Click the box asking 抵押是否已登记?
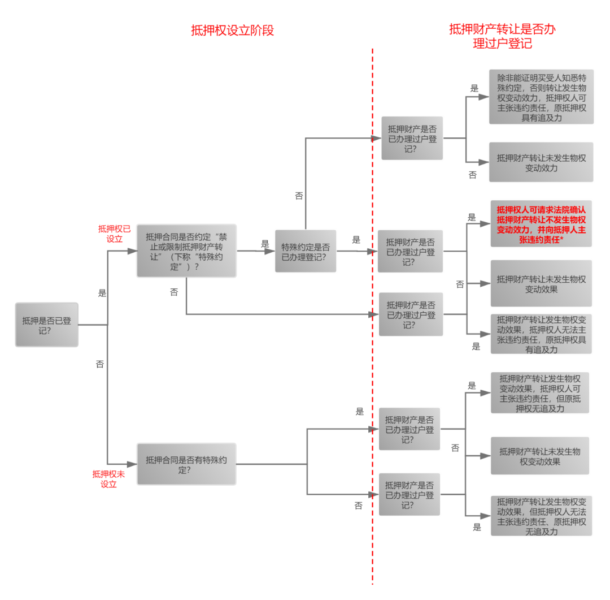click(47, 325)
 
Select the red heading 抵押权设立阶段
click(232, 31)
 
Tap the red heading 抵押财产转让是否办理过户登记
click(502, 36)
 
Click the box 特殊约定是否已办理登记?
click(305, 251)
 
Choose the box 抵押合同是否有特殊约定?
click(186, 464)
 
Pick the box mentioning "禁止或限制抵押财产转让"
click(186, 251)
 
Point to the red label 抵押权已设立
click(114, 233)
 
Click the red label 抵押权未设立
click(108, 478)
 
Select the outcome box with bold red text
click(541, 223)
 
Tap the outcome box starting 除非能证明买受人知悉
click(541, 97)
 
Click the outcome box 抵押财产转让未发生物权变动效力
click(541, 162)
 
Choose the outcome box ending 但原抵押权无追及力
click(539, 392)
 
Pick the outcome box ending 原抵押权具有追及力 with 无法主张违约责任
click(541, 334)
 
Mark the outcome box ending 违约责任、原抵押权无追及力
click(541, 516)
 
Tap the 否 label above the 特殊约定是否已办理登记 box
click(299, 196)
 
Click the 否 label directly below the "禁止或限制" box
click(174, 292)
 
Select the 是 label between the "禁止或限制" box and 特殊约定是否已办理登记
click(265, 243)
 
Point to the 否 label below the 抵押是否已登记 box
click(100, 365)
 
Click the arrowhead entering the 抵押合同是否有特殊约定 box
click(132, 464)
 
